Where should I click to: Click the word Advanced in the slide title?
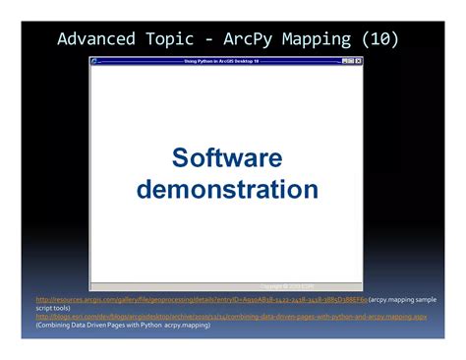(94, 39)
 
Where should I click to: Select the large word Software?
(227, 158)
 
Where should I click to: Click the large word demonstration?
(227, 189)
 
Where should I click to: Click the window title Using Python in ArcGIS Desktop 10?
(225, 61)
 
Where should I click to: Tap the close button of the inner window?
(359, 61)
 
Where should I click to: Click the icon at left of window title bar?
(95, 61)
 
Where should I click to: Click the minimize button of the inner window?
(343, 61)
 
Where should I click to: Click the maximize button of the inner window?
(351, 61)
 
